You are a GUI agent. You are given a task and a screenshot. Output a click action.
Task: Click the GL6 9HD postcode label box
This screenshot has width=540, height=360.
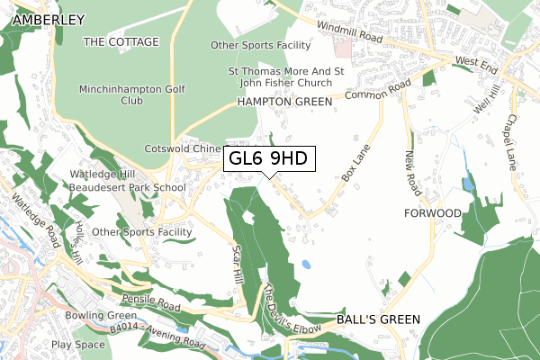[x=269, y=158]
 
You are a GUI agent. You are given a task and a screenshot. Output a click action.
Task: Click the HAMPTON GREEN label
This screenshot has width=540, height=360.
[x=284, y=103]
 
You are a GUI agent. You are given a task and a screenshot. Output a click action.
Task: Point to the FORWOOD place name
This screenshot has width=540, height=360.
[x=433, y=213]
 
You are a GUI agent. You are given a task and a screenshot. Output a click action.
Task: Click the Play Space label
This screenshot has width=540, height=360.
[x=78, y=344]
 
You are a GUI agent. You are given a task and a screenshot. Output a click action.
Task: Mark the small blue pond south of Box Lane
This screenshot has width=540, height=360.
[x=307, y=265]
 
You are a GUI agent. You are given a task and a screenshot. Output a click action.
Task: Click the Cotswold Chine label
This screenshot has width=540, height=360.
[x=183, y=148]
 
